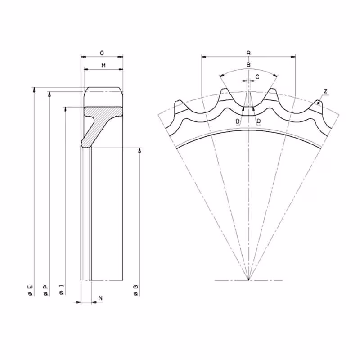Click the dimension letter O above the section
[x=102, y=53]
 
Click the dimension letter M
[x=103, y=66]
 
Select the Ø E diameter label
[x=31, y=290]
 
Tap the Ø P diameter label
[x=46, y=290]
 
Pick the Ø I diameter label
[x=62, y=290]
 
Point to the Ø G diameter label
[x=136, y=290]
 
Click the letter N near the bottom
[x=100, y=298]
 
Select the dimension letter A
[x=248, y=53]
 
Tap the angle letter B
[x=248, y=65]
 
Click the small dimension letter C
[x=257, y=77]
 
